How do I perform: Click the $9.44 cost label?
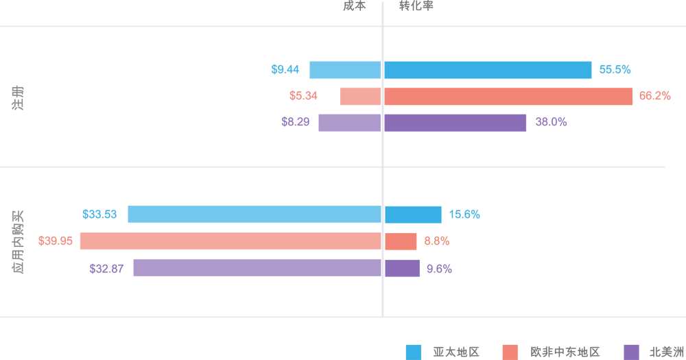coord(285,69)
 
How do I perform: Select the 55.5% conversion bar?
coord(487,70)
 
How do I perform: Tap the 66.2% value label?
coord(654,96)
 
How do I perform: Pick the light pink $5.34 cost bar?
coord(360,97)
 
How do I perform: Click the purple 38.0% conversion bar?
coord(455,123)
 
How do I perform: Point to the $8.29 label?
coord(295,122)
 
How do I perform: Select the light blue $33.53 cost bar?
coord(254,214)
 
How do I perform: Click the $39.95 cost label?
coord(56,241)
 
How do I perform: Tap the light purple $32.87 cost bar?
coord(257,268)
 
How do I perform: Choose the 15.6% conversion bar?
coord(412,215)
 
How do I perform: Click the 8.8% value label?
coord(436,241)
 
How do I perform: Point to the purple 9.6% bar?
coord(402,268)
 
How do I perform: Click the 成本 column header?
coord(355,5)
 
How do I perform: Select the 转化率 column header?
coord(416,5)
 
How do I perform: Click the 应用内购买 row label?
coord(18,242)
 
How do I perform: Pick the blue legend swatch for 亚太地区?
coord(414,352)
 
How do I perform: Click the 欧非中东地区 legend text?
coord(565,352)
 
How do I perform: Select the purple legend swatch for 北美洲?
coord(632,352)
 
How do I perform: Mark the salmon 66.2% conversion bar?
coord(508,97)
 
